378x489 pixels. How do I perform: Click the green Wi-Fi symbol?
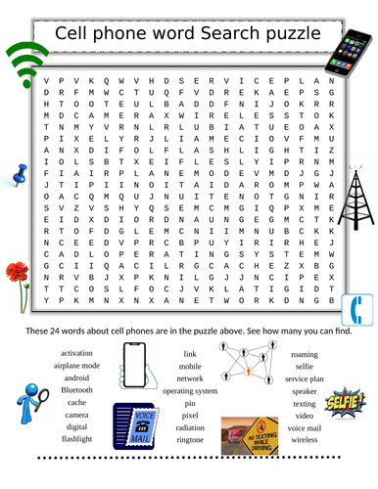click(26, 63)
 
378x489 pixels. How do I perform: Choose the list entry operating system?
click(190, 389)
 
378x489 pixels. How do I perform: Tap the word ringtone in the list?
click(190, 439)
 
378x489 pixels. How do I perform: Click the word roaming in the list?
click(304, 353)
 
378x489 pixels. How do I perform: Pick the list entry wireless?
click(304, 439)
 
